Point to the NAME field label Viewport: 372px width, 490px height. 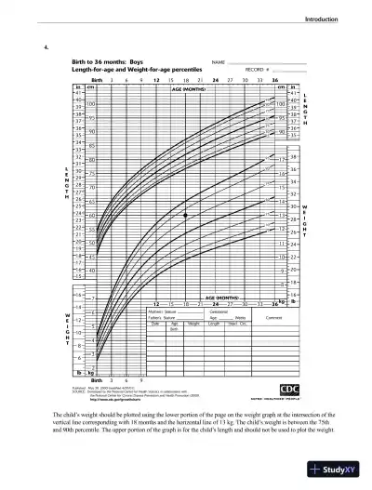[x=219, y=62]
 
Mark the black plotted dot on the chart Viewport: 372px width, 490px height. [x=186, y=215]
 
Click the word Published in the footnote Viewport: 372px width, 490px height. [x=79, y=386]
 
